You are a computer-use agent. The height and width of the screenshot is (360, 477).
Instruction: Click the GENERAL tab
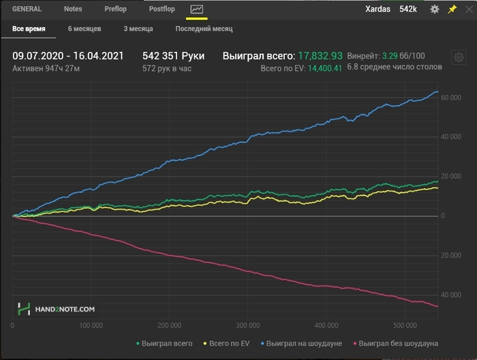click(27, 9)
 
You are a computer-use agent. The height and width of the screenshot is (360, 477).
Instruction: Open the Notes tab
click(73, 9)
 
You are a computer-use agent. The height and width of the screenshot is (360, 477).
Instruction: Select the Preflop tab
click(115, 9)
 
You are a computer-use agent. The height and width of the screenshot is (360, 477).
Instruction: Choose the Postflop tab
click(161, 9)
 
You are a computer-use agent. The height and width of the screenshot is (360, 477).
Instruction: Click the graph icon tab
click(197, 10)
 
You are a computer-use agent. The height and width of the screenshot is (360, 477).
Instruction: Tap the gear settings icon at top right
click(435, 10)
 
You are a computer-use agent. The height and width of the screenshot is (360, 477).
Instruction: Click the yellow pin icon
click(452, 10)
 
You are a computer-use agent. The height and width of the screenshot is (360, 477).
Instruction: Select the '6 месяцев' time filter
click(84, 29)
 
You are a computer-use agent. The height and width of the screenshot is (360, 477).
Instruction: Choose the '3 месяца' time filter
click(138, 29)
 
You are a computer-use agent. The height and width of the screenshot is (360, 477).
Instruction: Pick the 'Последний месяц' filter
click(204, 29)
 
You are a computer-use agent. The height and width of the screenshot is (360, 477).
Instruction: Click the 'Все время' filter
click(29, 29)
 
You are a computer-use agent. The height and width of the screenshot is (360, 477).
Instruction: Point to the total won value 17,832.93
click(320, 56)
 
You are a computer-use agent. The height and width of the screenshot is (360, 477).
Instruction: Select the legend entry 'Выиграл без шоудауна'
click(398, 343)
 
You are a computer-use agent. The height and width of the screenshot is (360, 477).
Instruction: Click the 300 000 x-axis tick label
click(247, 325)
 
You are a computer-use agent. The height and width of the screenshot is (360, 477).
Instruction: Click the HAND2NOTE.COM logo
click(57, 309)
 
